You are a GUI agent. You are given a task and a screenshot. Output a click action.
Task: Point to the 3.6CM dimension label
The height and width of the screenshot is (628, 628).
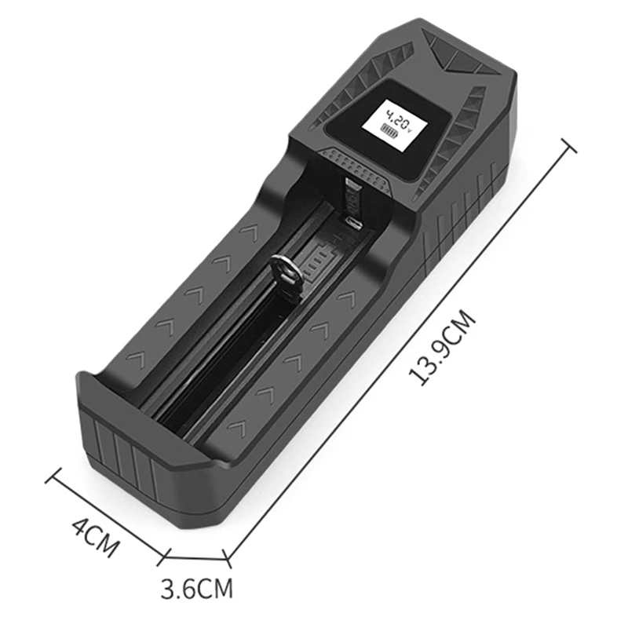[x=197, y=587]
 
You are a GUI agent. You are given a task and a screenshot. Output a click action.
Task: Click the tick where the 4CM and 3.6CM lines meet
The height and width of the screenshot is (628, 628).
[x=163, y=558]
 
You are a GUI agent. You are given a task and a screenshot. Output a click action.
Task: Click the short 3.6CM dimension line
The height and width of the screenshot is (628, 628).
[x=195, y=559]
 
